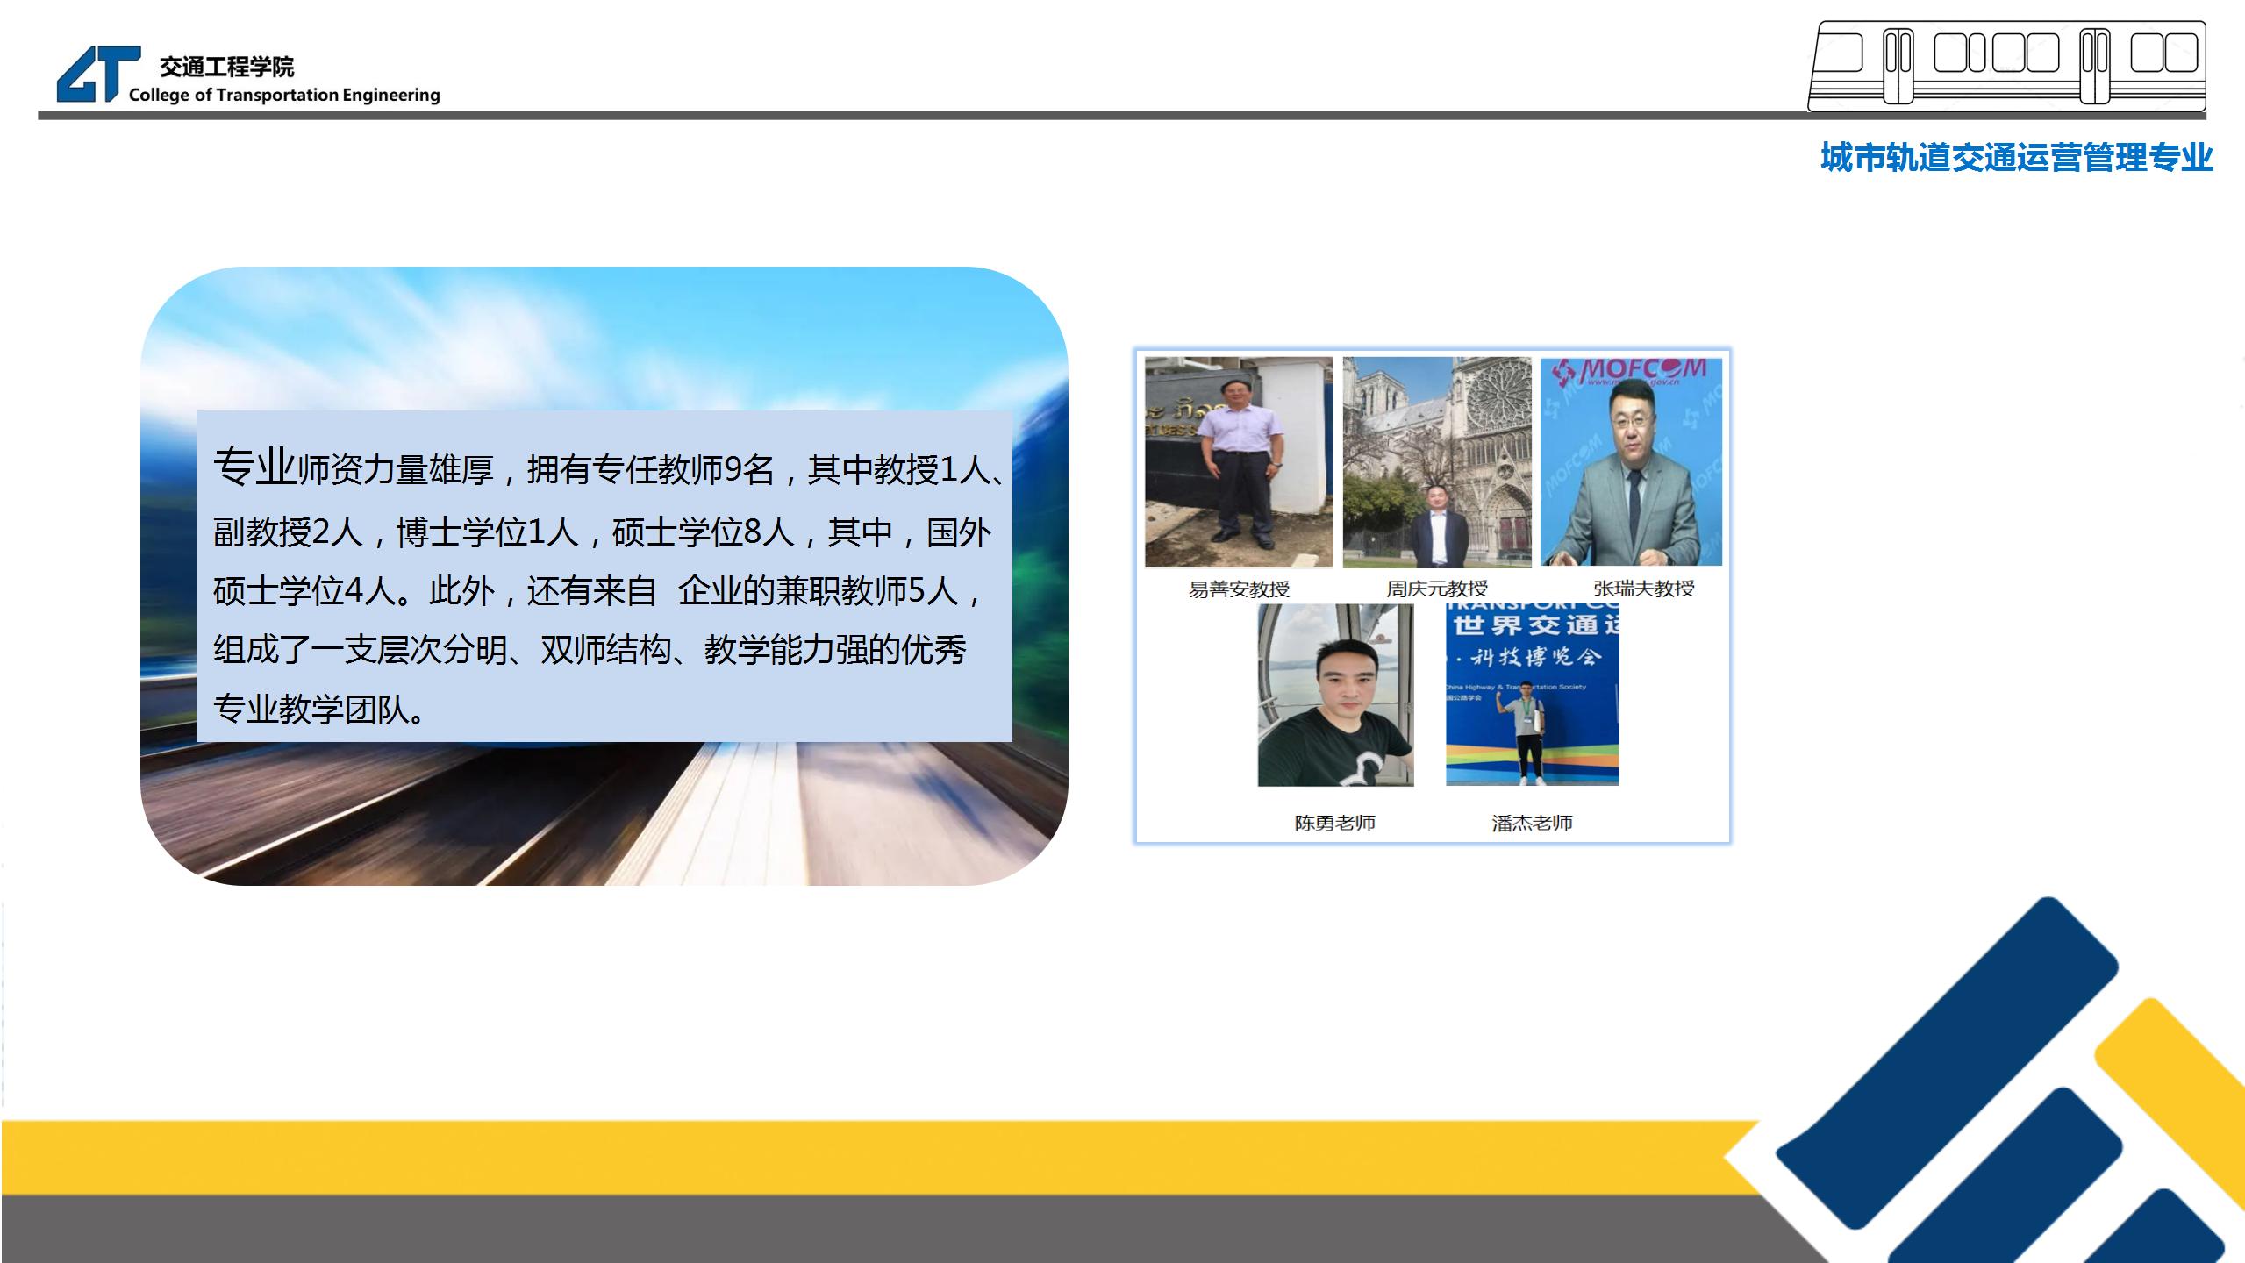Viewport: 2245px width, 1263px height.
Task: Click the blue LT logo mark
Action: tap(98, 74)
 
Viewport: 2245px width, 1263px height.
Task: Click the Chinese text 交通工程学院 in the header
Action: tap(226, 67)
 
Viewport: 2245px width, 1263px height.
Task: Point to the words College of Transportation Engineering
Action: tap(284, 95)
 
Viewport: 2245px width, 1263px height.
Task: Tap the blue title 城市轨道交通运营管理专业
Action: tap(2016, 158)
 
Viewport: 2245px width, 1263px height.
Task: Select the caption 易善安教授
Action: tap(1239, 589)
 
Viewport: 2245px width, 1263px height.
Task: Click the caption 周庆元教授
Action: tap(1437, 589)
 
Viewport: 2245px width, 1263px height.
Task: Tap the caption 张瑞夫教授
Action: tap(1644, 589)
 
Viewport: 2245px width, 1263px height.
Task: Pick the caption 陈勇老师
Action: tap(1334, 823)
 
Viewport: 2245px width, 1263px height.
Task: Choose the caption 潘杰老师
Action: tap(1532, 823)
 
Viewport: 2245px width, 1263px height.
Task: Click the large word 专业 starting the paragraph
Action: tap(254, 466)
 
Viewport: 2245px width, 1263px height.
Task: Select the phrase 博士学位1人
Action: tap(488, 532)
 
